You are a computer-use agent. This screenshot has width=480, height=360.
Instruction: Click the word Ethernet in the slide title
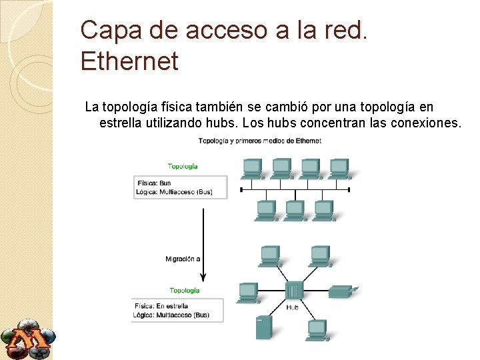point(129,61)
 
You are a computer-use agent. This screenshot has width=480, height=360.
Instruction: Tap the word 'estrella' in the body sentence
point(121,123)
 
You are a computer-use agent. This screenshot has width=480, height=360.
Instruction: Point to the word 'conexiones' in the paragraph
point(423,123)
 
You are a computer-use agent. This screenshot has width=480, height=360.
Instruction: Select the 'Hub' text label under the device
point(293,307)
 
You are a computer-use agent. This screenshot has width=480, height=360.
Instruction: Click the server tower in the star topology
point(263,327)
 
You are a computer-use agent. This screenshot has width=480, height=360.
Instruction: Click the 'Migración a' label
point(183,259)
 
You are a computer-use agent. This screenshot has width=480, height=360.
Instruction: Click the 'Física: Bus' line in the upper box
point(154,183)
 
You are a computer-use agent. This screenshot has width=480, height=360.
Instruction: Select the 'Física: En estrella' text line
point(161,307)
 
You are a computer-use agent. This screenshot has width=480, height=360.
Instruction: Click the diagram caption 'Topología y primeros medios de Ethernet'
point(259,141)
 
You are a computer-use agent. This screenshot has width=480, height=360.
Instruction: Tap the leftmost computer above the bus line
point(253,168)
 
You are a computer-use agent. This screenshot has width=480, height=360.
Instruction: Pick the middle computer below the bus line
point(294,210)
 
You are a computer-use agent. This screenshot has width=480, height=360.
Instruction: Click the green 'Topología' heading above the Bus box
point(182,166)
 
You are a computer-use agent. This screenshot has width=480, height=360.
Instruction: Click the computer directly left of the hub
point(247,291)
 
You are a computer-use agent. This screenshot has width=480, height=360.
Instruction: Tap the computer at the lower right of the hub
point(317,329)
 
